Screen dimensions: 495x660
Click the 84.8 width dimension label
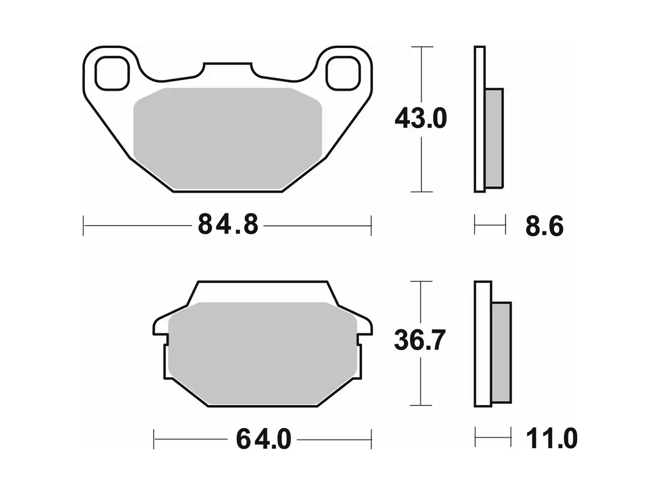[x=228, y=224]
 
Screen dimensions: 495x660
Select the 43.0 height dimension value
[x=420, y=119]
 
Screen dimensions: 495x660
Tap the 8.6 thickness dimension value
[x=544, y=226]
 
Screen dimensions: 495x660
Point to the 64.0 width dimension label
[x=263, y=439]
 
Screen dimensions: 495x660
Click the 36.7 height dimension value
[x=420, y=340]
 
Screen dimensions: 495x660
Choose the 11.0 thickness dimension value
[x=551, y=439]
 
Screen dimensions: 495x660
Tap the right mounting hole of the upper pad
[x=342, y=73]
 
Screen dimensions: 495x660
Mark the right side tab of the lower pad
[x=364, y=327]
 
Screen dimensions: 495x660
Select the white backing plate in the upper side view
[x=479, y=119]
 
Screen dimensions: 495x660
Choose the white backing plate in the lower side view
[x=483, y=344]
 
